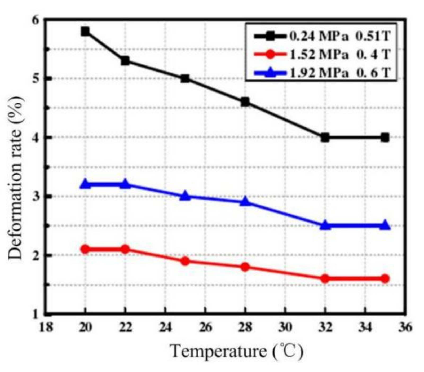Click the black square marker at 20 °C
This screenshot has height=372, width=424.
(85, 32)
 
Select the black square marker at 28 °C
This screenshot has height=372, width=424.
(245, 102)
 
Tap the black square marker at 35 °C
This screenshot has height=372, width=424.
(385, 138)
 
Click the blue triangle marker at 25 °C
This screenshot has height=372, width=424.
(185, 196)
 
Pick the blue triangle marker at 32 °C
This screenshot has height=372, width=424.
(325, 225)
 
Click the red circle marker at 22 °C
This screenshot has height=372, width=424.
(125, 249)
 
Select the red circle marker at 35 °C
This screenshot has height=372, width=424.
(385, 278)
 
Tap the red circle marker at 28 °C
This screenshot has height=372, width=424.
(245, 267)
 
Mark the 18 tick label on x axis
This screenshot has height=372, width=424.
(46, 327)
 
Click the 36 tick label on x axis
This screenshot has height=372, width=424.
(405, 327)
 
